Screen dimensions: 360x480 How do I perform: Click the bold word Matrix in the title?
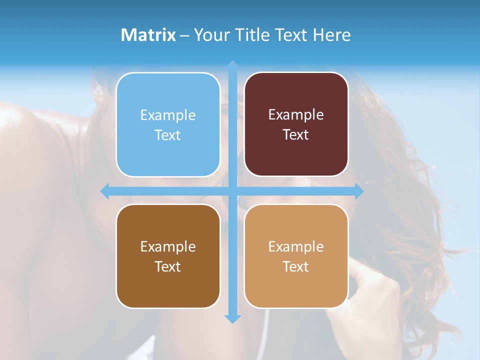tap(148, 35)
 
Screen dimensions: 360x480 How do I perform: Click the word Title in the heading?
tap(253, 35)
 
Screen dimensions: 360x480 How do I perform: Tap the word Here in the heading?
tap(332, 35)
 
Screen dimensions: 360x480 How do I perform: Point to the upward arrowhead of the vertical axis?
tap(232, 65)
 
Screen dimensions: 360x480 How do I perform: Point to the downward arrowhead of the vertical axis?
tap(232, 318)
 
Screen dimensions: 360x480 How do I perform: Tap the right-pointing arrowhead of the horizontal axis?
tap(359, 191)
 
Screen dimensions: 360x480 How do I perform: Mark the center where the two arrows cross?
tap(232, 191)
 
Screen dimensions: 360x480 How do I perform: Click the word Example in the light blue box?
tap(168, 115)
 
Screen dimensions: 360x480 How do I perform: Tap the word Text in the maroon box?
tap(296, 135)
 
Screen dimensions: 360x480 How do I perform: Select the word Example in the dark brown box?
tap(168, 247)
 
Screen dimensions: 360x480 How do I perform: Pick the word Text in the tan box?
tap(296, 266)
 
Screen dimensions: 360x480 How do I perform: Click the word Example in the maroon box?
tap(296, 115)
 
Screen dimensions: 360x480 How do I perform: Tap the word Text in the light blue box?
tap(168, 135)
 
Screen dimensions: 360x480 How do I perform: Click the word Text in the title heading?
tap(293, 35)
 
